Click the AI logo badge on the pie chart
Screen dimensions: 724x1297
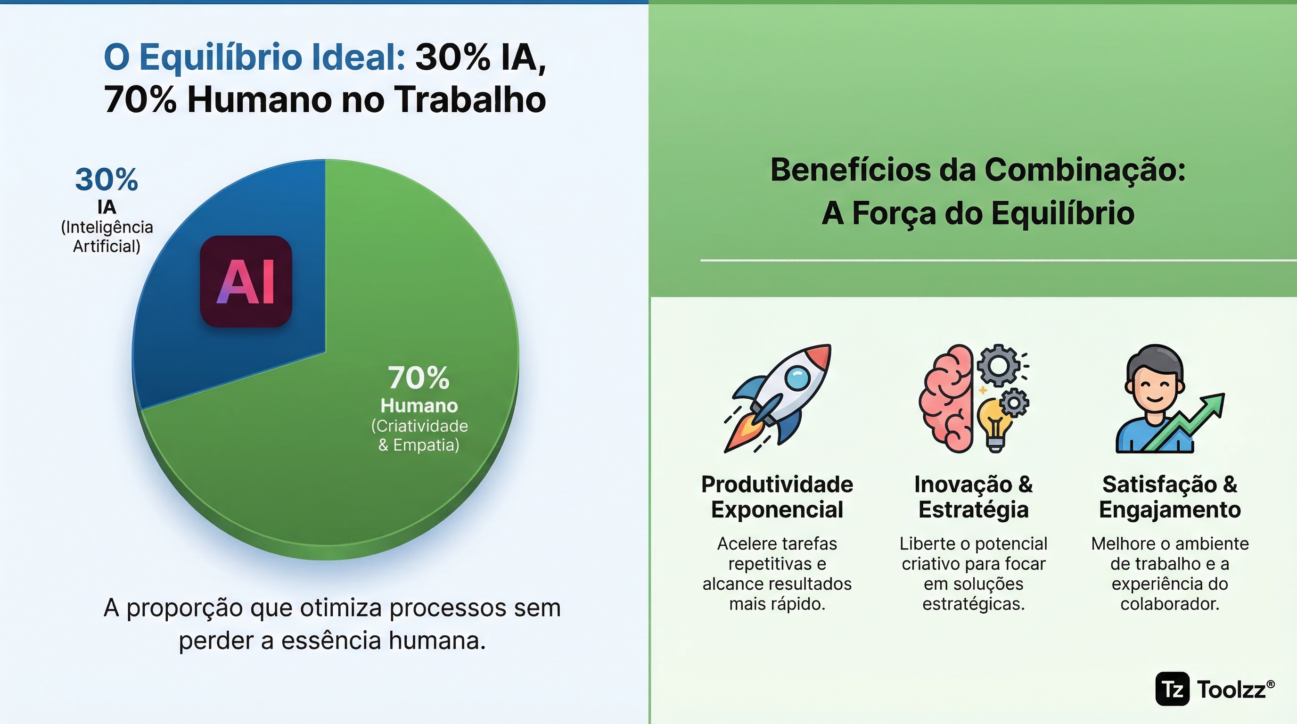(246, 281)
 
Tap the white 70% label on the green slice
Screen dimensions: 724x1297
(419, 378)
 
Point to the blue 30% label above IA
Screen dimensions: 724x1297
(106, 180)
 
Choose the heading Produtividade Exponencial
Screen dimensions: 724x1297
(777, 497)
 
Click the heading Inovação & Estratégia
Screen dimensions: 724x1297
(973, 497)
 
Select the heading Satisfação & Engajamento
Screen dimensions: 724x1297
(1170, 497)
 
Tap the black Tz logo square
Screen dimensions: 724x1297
(1172, 689)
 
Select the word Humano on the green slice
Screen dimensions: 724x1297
(419, 406)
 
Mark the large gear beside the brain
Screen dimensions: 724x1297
(999, 365)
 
